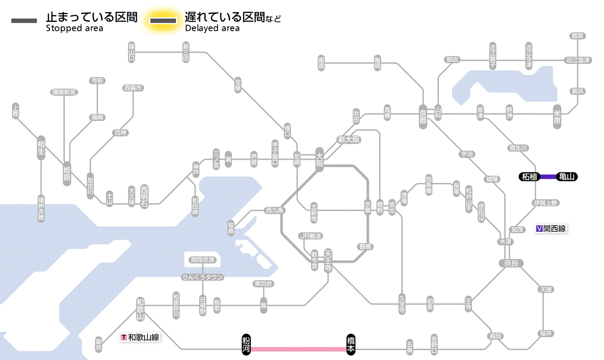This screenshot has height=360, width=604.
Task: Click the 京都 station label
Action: tap(423, 115)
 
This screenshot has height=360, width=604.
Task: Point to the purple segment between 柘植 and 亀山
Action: tap(548, 177)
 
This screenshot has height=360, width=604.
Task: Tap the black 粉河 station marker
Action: tap(246, 344)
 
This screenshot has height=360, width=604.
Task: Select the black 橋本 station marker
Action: tap(351, 344)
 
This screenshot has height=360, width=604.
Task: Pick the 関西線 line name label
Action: tap(551, 229)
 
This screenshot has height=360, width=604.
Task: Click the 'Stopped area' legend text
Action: tap(75, 28)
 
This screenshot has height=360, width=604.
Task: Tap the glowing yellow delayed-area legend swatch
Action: tap(163, 21)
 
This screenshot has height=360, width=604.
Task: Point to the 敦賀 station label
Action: tap(578, 36)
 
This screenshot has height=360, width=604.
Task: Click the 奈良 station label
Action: tap(511, 263)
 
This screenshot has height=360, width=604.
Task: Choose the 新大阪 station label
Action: tap(349, 140)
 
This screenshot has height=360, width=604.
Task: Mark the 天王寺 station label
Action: tap(328, 261)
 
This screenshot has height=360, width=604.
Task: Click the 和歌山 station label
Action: tap(140, 309)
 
